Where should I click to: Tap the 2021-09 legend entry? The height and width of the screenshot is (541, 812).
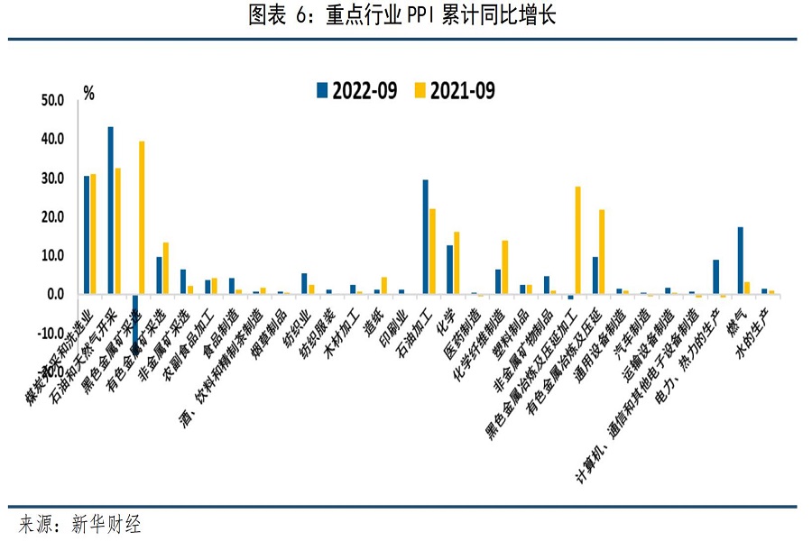pyautogui.click(x=455, y=90)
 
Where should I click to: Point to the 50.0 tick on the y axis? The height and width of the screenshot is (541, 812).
pyautogui.click(x=53, y=101)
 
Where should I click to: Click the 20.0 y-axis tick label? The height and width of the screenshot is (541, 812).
pyautogui.click(x=53, y=217)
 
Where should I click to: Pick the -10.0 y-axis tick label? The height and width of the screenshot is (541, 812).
pyautogui.click(x=51, y=334)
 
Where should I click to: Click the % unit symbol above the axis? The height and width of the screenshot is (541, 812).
pyautogui.click(x=88, y=92)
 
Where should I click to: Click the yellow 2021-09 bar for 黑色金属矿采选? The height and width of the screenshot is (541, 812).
pyautogui.click(x=142, y=217)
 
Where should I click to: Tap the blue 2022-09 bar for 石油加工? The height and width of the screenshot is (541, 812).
pyautogui.click(x=426, y=237)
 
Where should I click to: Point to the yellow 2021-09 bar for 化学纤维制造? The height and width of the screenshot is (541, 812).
pyautogui.click(x=504, y=267)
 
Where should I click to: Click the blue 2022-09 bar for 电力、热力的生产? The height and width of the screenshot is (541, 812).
pyautogui.click(x=715, y=277)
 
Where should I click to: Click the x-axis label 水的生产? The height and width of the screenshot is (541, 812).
pyautogui.click(x=755, y=330)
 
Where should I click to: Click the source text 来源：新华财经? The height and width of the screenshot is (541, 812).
pyautogui.click(x=80, y=524)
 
